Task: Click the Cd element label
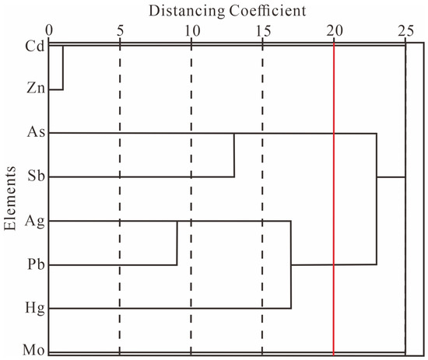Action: tap(35, 46)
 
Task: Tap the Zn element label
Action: tap(36, 88)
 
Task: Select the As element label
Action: tap(36, 131)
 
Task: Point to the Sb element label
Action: tap(36, 175)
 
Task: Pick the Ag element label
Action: tap(35, 221)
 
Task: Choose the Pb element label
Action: tap(36, 264)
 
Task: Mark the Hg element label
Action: tap(35, 308)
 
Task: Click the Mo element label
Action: tap(33, 350)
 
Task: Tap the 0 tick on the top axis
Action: tap(49, 30)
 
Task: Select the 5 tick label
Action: tap(120, 30)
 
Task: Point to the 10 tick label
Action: tap(192, 30)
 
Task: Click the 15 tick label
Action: tap(263, 30)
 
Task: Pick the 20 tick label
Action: tap(335, 30)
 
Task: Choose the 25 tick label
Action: tap(406, 30)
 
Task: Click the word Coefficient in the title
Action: tap(268, 11)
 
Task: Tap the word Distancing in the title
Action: tap(187, 12)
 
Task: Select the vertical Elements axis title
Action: tap(10, 198)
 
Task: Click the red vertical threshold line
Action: tap(334, 199)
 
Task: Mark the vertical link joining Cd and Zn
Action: tap(63, 68)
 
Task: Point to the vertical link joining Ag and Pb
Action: tap(177, 243)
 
